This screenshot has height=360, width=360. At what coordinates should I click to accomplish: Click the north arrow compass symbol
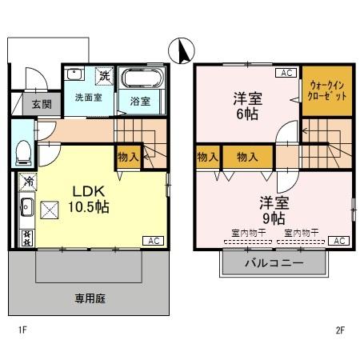(182, 52)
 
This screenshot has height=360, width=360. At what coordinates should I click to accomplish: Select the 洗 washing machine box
(104, 76)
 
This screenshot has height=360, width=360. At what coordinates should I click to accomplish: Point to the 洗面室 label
(88, 98)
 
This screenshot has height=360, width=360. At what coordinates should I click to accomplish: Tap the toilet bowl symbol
(24, 150)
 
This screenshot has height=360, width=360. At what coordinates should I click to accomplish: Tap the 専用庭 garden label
(90, 298)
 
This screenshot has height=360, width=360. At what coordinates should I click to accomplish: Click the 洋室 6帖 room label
(247, 106)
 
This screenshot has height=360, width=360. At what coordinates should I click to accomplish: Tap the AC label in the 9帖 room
(339, 241)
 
